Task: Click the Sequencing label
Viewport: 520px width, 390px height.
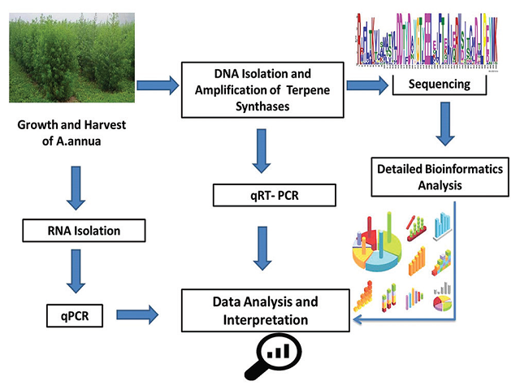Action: tap(439, 83)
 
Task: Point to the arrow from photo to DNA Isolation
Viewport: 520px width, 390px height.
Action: tap(158, 83)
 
